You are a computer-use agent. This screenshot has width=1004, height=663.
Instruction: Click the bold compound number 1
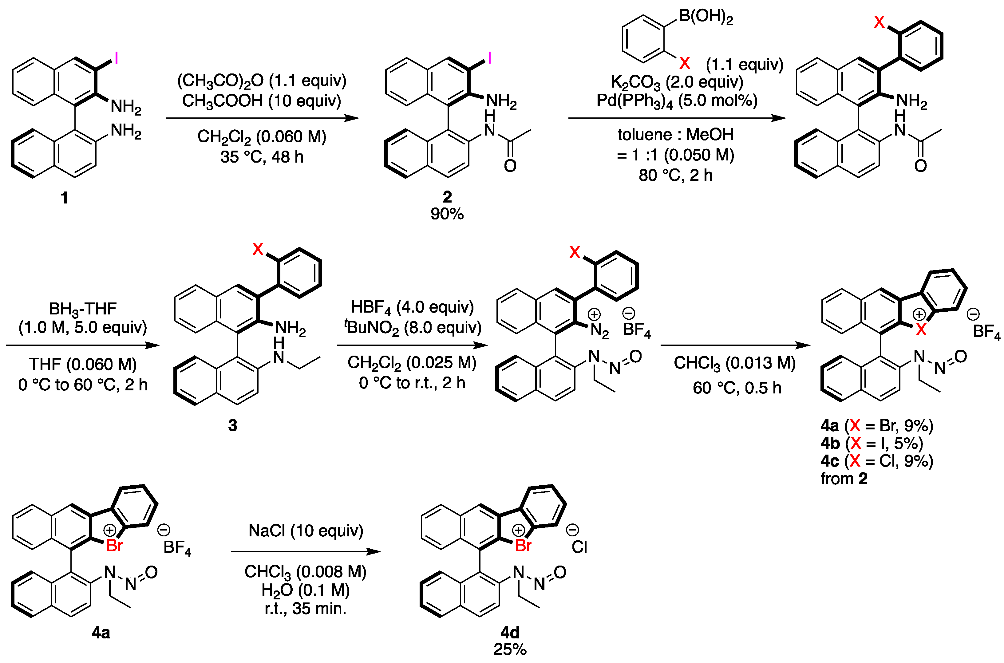(64, 197)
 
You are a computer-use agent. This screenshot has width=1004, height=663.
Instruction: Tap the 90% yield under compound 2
(447, 214)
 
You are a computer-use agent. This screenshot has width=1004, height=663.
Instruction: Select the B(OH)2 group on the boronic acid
(706, 17)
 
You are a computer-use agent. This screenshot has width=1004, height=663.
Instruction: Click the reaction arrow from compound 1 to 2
(262, 118)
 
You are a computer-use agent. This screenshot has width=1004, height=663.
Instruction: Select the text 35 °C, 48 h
(262, 157)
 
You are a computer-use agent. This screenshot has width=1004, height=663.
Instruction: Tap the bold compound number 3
(233, 425)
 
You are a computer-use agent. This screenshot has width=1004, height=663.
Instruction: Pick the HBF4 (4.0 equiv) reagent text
(412, 307)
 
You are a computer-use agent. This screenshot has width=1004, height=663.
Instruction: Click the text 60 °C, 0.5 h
(737, 388)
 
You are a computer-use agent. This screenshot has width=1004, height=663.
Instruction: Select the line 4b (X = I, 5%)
(872, 443)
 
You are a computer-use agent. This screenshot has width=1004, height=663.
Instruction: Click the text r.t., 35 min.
(305, 609)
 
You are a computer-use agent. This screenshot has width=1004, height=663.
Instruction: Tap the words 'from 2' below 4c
(844, 479)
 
